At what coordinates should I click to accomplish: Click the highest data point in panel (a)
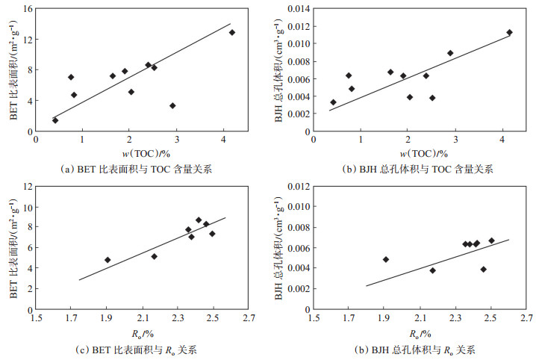tap(232, 32)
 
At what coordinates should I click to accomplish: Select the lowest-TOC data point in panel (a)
tap(55, 120)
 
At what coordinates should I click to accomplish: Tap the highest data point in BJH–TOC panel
tap(509, 32)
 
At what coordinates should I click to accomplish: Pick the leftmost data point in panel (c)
tap(107, 260)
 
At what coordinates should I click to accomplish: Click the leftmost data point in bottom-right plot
tap(386, 259)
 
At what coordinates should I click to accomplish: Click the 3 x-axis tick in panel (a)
tap(176, 139)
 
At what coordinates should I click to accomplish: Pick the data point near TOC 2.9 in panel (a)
tap(172, 106)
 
